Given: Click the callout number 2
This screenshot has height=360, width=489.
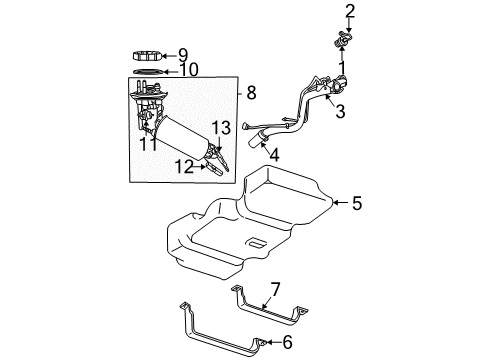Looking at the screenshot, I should (x=350, y=11).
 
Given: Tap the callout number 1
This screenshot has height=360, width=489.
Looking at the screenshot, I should (x=341, y=68).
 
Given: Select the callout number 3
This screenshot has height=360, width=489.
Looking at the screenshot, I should (x=340, y=112).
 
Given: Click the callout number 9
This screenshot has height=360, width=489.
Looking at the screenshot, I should (x=183, y=54).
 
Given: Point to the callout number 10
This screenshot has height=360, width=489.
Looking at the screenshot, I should (x=188, y=70).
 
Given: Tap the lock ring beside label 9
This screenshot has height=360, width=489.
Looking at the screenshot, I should (x=147, y=55).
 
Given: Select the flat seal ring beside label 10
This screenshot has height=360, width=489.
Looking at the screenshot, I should (x=147, y=71).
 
